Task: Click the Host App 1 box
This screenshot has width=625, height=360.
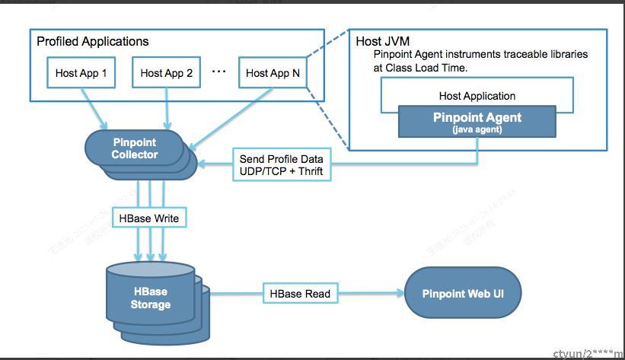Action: pos(81,74)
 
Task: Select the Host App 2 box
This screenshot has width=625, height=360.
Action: pos(166,74)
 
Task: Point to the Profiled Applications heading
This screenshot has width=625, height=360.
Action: pos(93,41)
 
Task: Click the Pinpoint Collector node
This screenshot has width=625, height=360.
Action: pos(134,149)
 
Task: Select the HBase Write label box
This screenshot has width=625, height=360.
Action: pos(149,218)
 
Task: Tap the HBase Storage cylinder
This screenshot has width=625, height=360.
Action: pos(150,298)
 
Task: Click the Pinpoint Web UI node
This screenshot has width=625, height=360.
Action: pos(463,293)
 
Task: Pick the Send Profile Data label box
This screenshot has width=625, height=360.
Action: pos(282,165)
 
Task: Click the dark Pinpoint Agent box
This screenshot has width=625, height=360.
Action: pos(477,121)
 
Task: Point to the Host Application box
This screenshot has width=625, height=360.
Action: pos(477,96)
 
